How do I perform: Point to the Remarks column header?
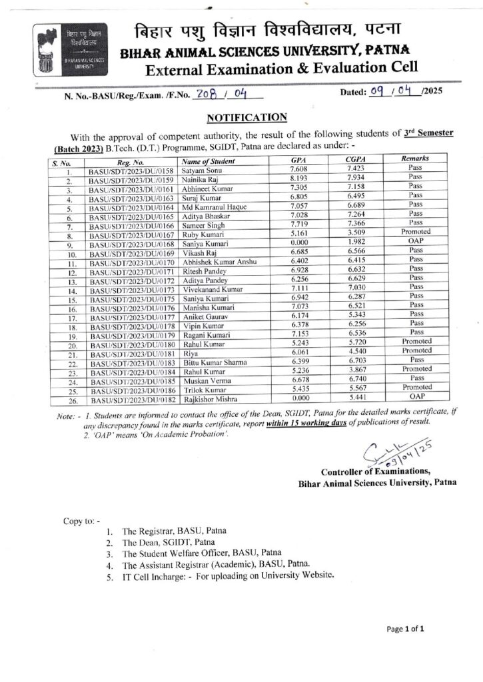click(415, 160)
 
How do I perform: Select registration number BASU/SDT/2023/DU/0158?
click(131, 171)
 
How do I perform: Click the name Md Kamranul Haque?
click(210, 208)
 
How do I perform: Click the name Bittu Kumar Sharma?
click(214, 360)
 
